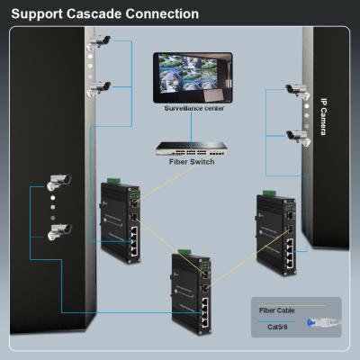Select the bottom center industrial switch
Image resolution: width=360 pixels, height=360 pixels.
pos(190,293)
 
